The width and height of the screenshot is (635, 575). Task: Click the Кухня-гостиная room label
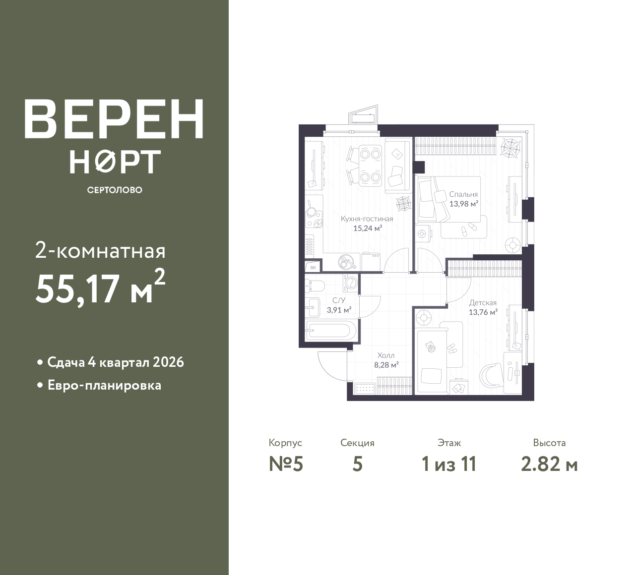tap(367, 219)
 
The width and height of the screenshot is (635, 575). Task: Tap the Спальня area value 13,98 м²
tap(464, 204)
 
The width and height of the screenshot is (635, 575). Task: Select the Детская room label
tap(483, 303)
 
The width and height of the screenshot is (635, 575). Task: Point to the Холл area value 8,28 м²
tap(386, 365)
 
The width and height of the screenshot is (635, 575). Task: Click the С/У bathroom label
tap(339, 300)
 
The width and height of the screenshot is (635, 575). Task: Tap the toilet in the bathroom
tap(315, 286)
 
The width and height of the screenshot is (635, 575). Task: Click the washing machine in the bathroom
tap(350, 282)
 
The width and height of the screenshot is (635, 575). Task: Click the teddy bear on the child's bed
tap(430, 346)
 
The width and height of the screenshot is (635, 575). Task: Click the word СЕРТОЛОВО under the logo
tap(115, 190)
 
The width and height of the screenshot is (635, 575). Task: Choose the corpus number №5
tap(286, 464)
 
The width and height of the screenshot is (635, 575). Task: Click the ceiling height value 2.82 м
tap(549, 464)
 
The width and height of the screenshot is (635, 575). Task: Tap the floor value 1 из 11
tap(449, 464)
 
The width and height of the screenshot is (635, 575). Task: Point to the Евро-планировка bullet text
tap(105, 386)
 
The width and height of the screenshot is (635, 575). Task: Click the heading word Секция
tap(357, 443)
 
